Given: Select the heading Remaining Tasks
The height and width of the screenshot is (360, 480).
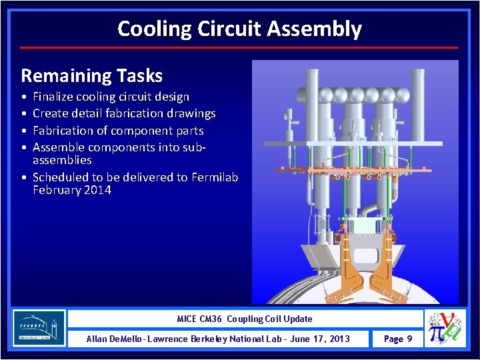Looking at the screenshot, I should point(91,75).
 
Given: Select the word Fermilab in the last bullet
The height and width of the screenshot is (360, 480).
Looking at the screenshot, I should point(214,177).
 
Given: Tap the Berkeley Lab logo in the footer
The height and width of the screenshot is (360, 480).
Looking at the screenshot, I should point(39,328).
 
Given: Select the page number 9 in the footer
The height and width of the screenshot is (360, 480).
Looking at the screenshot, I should point(409,339).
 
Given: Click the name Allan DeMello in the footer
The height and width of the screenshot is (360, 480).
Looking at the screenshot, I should point(114,339).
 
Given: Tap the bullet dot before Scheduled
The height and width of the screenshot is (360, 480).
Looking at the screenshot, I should point(24,177).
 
